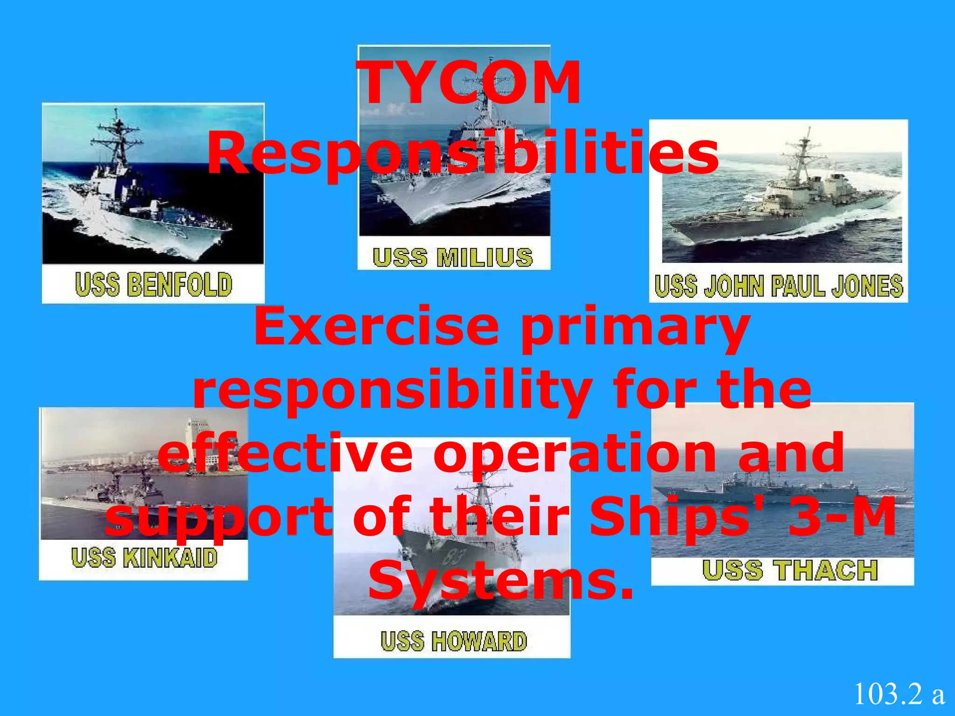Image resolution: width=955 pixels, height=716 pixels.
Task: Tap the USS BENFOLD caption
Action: (153, 284)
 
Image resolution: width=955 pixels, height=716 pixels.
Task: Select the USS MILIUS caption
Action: (453, 257)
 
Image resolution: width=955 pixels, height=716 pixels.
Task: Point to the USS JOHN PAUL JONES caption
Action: (778, 286)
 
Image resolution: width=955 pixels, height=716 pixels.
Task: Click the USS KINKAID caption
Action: (144, 558)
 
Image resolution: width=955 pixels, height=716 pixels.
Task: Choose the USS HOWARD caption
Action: (453, 641)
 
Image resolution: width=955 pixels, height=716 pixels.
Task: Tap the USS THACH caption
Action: (790, 570)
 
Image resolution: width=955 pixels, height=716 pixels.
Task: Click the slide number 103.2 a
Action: (899, 694)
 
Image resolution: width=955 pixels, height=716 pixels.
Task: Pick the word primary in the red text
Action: (635, 329)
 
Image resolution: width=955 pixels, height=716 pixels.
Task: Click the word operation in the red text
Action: (574, 453)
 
